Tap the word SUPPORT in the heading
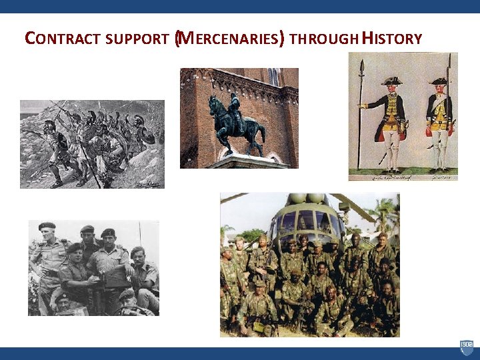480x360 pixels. coord(136,39)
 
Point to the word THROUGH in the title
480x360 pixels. coord(323,39)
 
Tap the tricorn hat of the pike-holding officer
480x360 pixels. coord(391,80)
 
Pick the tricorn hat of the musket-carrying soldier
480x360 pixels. coord(438,81)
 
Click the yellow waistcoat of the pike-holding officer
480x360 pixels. coord(392,109)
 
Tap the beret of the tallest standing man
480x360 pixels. coord(47,226)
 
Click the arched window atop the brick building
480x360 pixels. coord(273,76)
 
